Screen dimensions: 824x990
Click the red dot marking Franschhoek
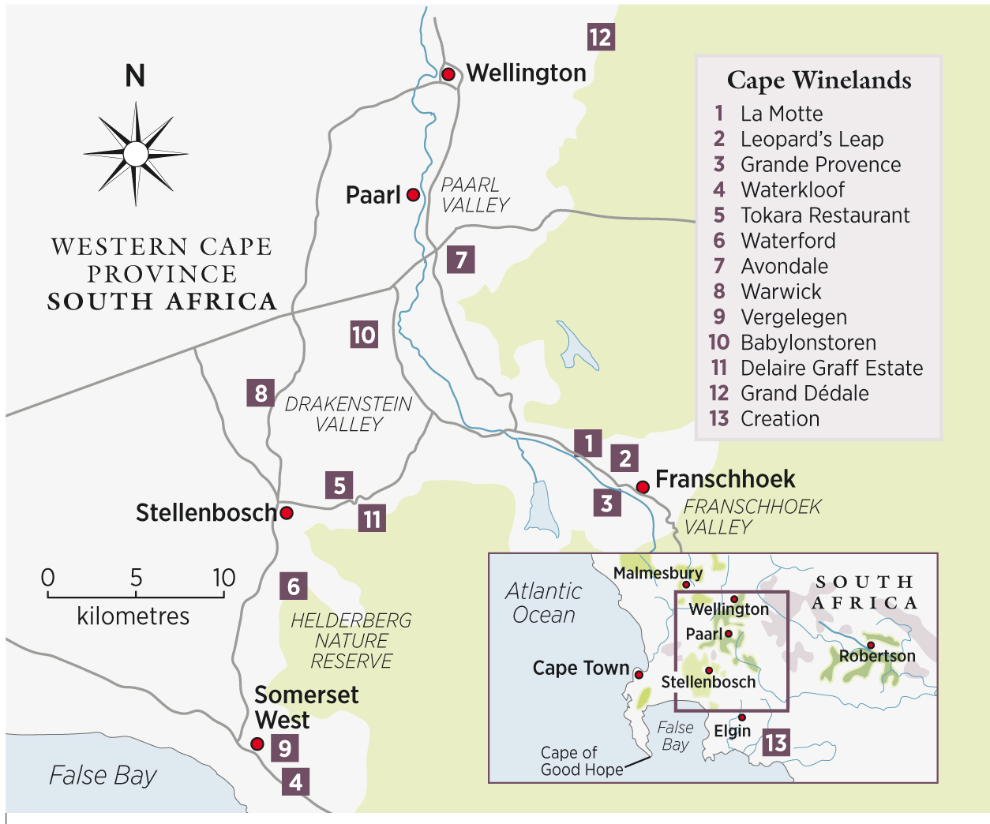(643, 487)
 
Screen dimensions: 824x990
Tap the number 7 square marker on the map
(461, 259)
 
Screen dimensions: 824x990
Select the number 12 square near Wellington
(600, 37)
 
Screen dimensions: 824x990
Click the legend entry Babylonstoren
(808, 343)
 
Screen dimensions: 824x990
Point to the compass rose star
(136, 154)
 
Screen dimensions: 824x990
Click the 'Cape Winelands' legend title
(819, 81)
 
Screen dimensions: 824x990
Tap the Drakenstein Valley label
(348, 414)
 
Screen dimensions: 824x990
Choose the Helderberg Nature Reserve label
(351, 641)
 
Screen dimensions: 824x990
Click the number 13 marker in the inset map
(775, 743)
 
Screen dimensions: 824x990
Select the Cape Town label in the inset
(580, 669)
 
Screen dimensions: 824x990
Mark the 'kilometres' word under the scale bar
(133, 616)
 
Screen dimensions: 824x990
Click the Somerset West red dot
(257, 743)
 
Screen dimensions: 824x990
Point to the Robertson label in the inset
(877, 657)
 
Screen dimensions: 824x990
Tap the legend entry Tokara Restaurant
(824, 215)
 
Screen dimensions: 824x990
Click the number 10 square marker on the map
(364, 335)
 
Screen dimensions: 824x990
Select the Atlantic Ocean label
(544, 603)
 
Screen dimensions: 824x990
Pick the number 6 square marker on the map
(294, 586)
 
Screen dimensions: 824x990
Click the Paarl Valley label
(474, 195)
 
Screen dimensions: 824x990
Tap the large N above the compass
(135, 76)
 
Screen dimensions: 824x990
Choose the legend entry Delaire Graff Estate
(831, 368)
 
